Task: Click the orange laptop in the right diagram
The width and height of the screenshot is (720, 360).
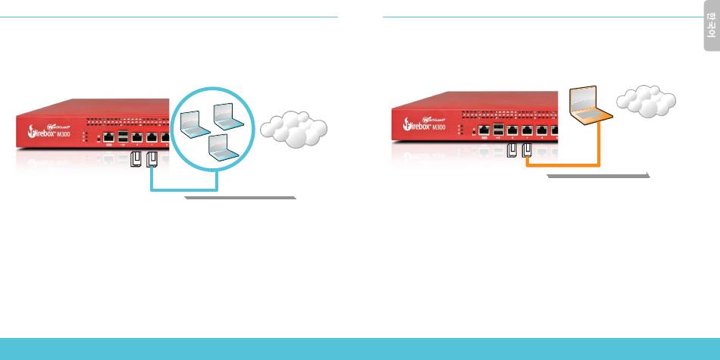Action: tap(590, 107)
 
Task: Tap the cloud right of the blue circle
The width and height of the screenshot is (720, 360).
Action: tap(293, 130)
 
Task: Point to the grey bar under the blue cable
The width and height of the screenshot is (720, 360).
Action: tap(240, 197)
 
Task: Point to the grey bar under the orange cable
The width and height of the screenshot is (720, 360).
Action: tap(599, 175)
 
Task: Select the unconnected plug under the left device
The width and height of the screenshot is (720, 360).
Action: tap(137, 161)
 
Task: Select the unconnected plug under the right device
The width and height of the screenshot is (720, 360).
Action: tap(510, 152)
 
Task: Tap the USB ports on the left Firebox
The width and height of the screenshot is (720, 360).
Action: tap(124, 137)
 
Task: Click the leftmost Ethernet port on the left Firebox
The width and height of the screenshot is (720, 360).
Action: tap(108, 137)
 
